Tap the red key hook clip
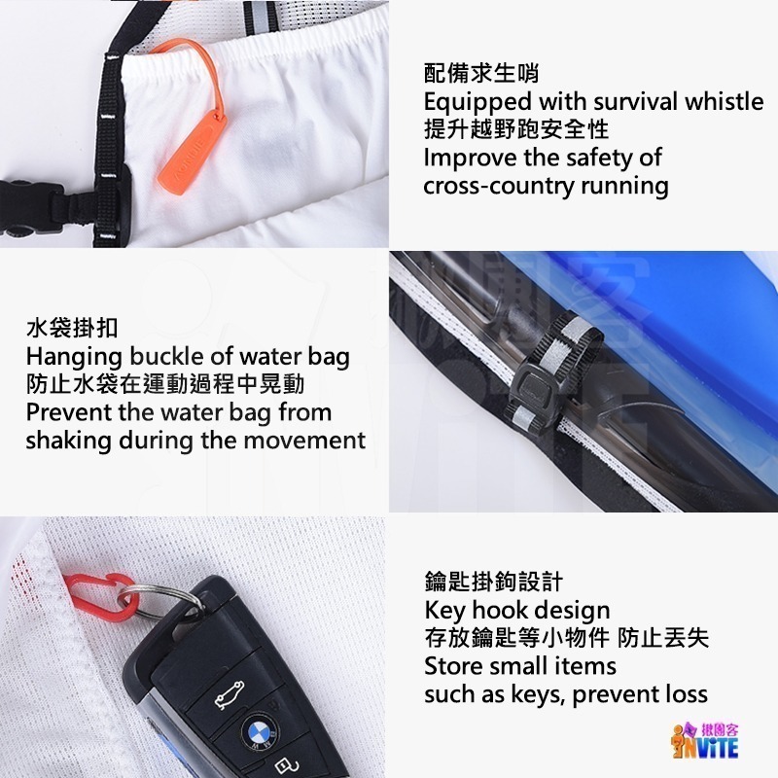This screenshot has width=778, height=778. coord(103,595)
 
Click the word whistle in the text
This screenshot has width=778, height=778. coord(724,101)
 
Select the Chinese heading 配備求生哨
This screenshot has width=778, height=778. coord(482,73)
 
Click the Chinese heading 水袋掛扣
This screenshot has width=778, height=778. coord(72,328)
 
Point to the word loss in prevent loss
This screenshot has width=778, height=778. coord(685,694)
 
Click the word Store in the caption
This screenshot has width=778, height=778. coord(452,667)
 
